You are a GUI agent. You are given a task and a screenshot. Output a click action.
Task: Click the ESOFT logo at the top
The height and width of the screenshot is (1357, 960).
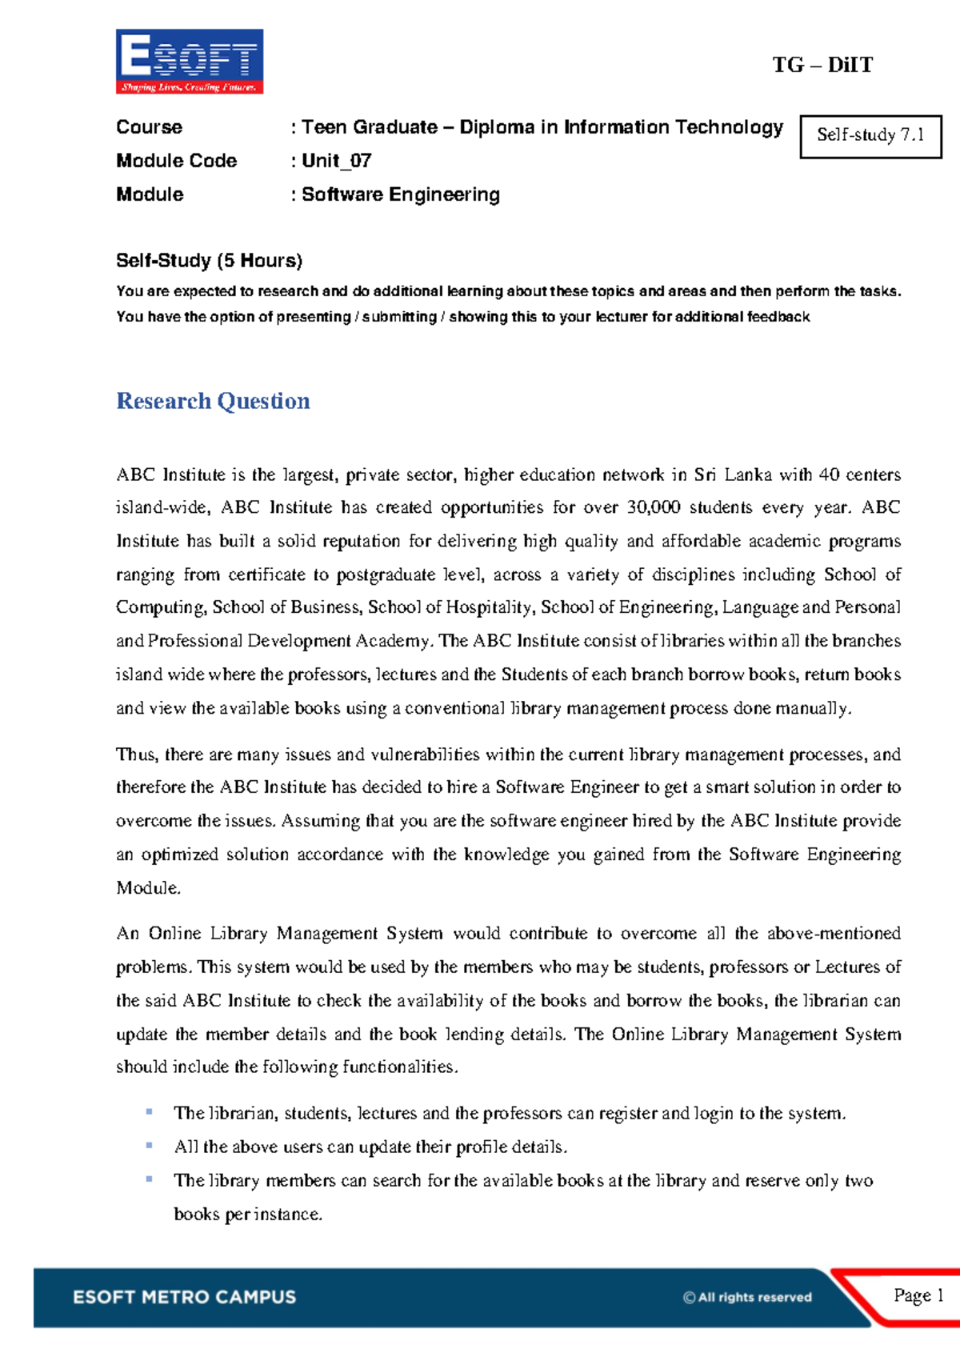coord(190,62)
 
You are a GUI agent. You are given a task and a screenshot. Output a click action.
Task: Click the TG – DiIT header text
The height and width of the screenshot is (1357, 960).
coord(822,65)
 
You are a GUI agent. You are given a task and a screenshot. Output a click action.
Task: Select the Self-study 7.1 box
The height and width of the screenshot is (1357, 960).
coord(870,135)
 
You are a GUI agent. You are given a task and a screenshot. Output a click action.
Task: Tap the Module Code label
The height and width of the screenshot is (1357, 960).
coord(176,161)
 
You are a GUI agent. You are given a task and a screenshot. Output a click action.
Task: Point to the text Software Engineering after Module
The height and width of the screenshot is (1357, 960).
coord(400,194)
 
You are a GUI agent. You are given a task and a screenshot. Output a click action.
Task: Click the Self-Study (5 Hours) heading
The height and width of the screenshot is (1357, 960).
coord(209,260)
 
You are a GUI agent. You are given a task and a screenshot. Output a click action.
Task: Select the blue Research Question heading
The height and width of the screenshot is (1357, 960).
coord(213,401)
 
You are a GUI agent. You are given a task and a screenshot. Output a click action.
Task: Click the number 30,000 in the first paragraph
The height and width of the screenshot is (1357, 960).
coord(654,507)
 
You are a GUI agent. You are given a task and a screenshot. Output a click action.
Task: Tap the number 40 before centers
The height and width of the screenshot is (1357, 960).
coord(829,474)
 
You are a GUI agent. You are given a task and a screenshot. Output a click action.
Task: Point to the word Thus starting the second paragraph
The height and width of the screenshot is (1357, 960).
coord(136,755)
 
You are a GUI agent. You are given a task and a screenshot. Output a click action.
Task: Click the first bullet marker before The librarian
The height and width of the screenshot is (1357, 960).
coord(149,1111)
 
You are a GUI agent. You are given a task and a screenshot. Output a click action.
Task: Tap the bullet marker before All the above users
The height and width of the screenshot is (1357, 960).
coord(149,1145)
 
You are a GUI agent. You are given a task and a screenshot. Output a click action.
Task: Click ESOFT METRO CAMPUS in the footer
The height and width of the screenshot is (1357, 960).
coord(184,1297)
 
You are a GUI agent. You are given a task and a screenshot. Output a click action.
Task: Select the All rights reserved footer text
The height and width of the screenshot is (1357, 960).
coord(747,1298)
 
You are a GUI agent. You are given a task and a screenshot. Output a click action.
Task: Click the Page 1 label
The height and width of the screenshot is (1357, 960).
coord(918,1295)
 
